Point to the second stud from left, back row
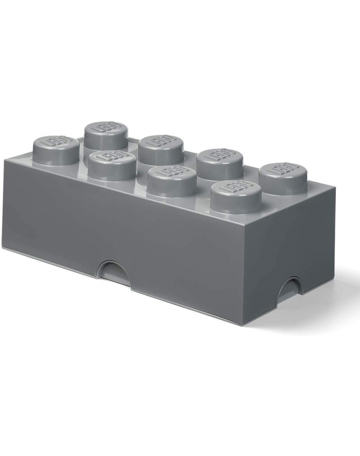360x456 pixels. point(161,146)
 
